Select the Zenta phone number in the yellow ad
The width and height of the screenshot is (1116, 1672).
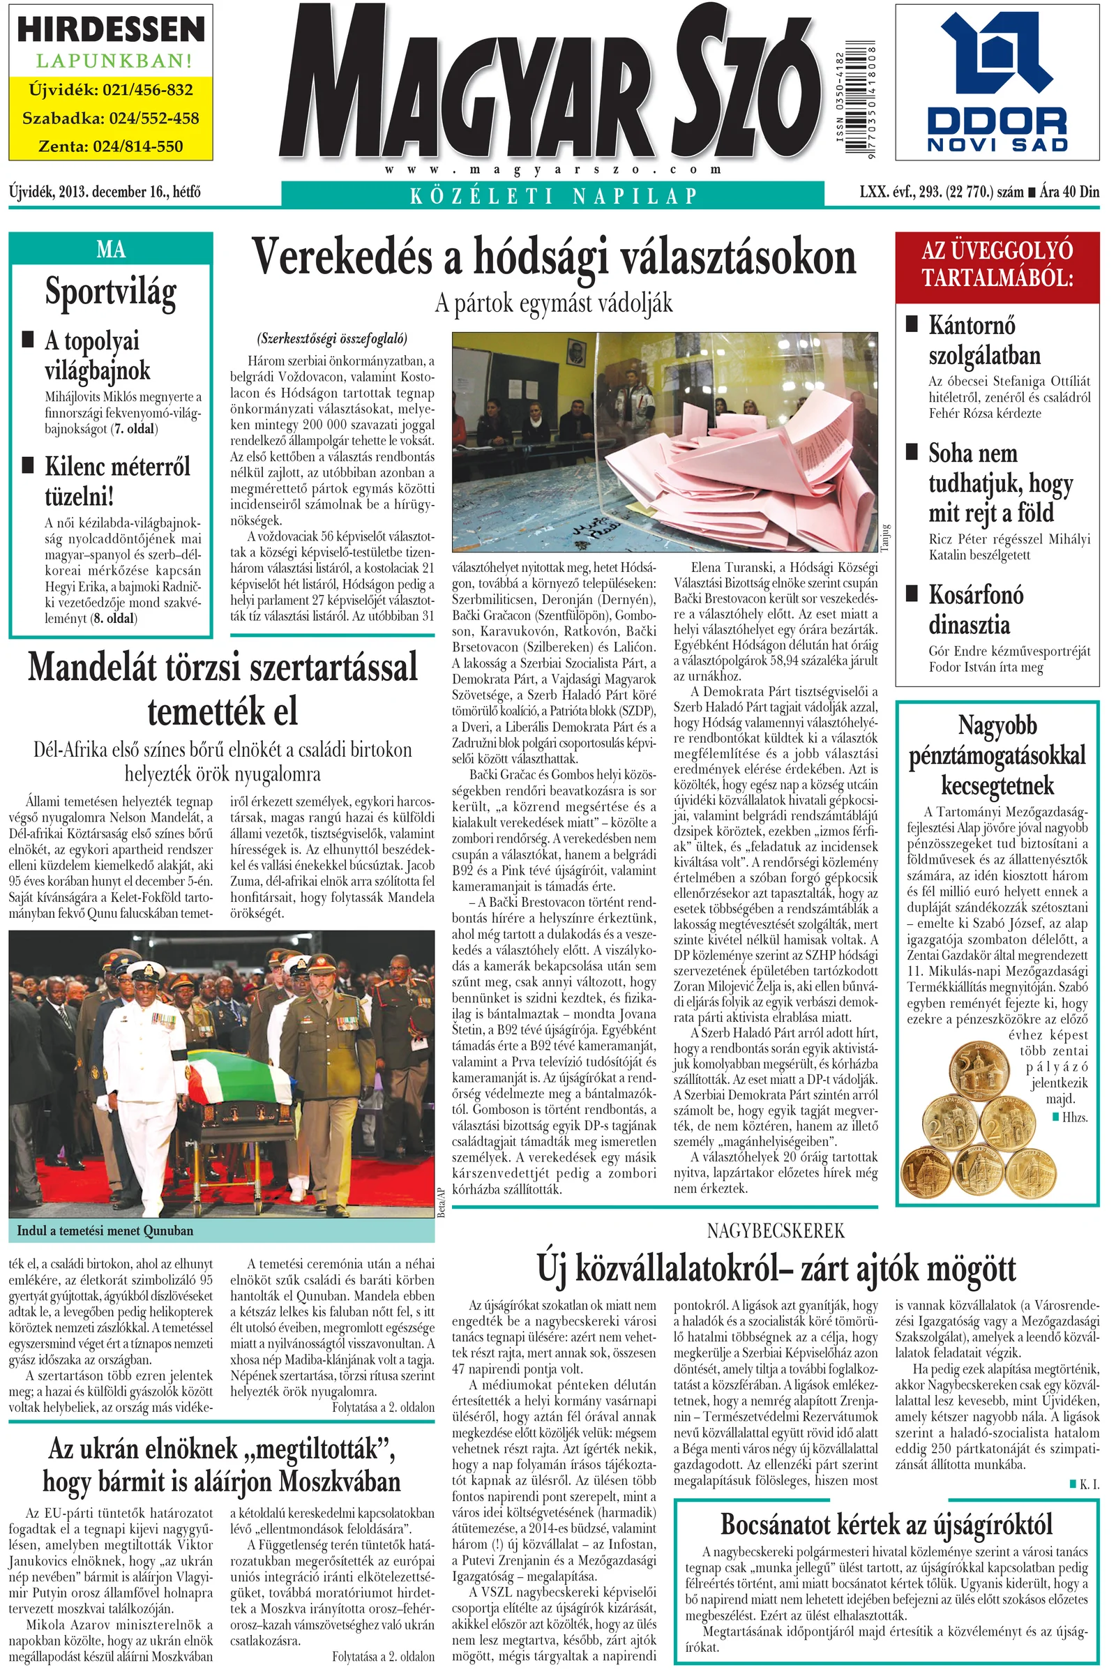tap(111, 146)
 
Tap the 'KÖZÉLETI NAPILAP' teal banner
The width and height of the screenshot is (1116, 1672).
tap(553, 195)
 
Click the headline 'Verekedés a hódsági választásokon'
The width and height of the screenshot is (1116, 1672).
tap(555, 257)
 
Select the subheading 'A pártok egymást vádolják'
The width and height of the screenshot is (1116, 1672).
tap(554, 304)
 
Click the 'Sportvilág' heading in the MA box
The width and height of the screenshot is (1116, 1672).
tap(110, 291)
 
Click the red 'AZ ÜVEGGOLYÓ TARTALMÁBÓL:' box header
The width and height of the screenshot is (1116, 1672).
tap(997, 264)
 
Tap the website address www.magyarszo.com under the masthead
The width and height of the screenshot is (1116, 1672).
tap(553, 170)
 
